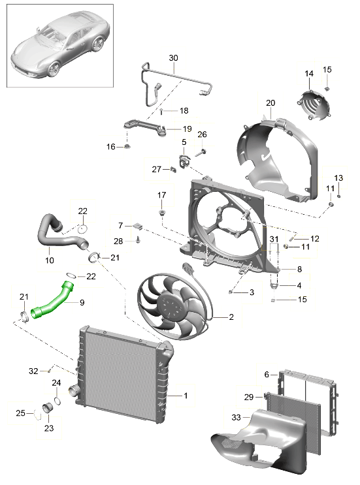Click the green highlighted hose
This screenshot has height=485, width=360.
tap(53, 302)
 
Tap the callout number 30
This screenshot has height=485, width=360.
tap(173, 58)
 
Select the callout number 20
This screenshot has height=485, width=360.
tap(270, 102)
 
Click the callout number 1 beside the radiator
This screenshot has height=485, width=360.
tap(186, 396)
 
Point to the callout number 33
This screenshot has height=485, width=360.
tap(236, 417)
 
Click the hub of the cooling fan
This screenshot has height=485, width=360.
tap(169, 305)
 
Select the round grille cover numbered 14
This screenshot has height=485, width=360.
tap(313, 105)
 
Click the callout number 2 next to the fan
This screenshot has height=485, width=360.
tap(231, 317)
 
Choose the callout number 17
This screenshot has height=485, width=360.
tap(161, 195)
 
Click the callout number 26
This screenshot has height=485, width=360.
tap(202, 134)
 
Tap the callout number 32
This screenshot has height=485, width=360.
tap(33, 371)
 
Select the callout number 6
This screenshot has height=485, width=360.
tap(267, 374)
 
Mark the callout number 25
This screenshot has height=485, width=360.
tap(20, 413)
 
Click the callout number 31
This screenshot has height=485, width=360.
tap(274, 239)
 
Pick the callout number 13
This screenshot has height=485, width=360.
tap(338, 178)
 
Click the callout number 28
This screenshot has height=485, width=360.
tap(118, 241)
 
